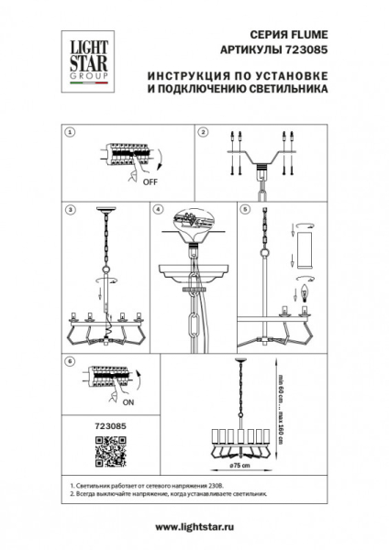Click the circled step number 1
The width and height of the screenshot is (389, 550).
pos(70,132)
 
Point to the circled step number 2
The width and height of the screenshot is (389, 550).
pos(203,132)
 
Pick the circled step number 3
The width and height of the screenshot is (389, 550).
pos(70,209)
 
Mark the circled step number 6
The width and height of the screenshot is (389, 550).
pos(70,361)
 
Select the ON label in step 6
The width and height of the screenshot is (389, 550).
pos(128,402)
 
